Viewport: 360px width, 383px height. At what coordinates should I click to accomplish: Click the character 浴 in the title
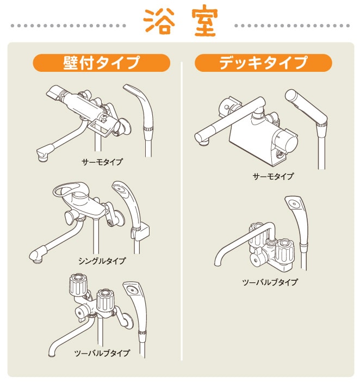(x=158, y=22)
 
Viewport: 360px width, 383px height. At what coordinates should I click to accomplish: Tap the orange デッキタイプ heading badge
(x=263, y=63)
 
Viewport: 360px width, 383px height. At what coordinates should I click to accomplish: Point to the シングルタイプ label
(x=103, y=261)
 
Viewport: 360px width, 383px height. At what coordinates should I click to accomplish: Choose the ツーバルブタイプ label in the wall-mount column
(x=102, y=353)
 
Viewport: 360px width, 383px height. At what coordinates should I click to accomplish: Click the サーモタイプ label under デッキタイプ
(x=273, y=176)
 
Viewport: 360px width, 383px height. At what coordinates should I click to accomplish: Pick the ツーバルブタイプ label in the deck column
(x=270, y=282)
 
